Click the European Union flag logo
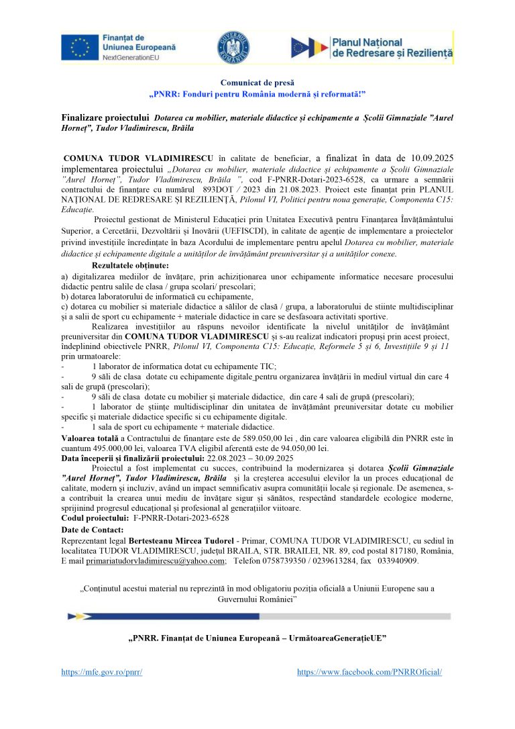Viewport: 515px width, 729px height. point(81,48)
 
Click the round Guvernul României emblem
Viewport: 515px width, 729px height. point(234,48)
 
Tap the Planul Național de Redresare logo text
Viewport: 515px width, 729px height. point(392,47)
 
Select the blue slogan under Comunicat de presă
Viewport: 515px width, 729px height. point(257,93)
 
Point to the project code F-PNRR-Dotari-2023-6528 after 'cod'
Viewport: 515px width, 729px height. point(319,181)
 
